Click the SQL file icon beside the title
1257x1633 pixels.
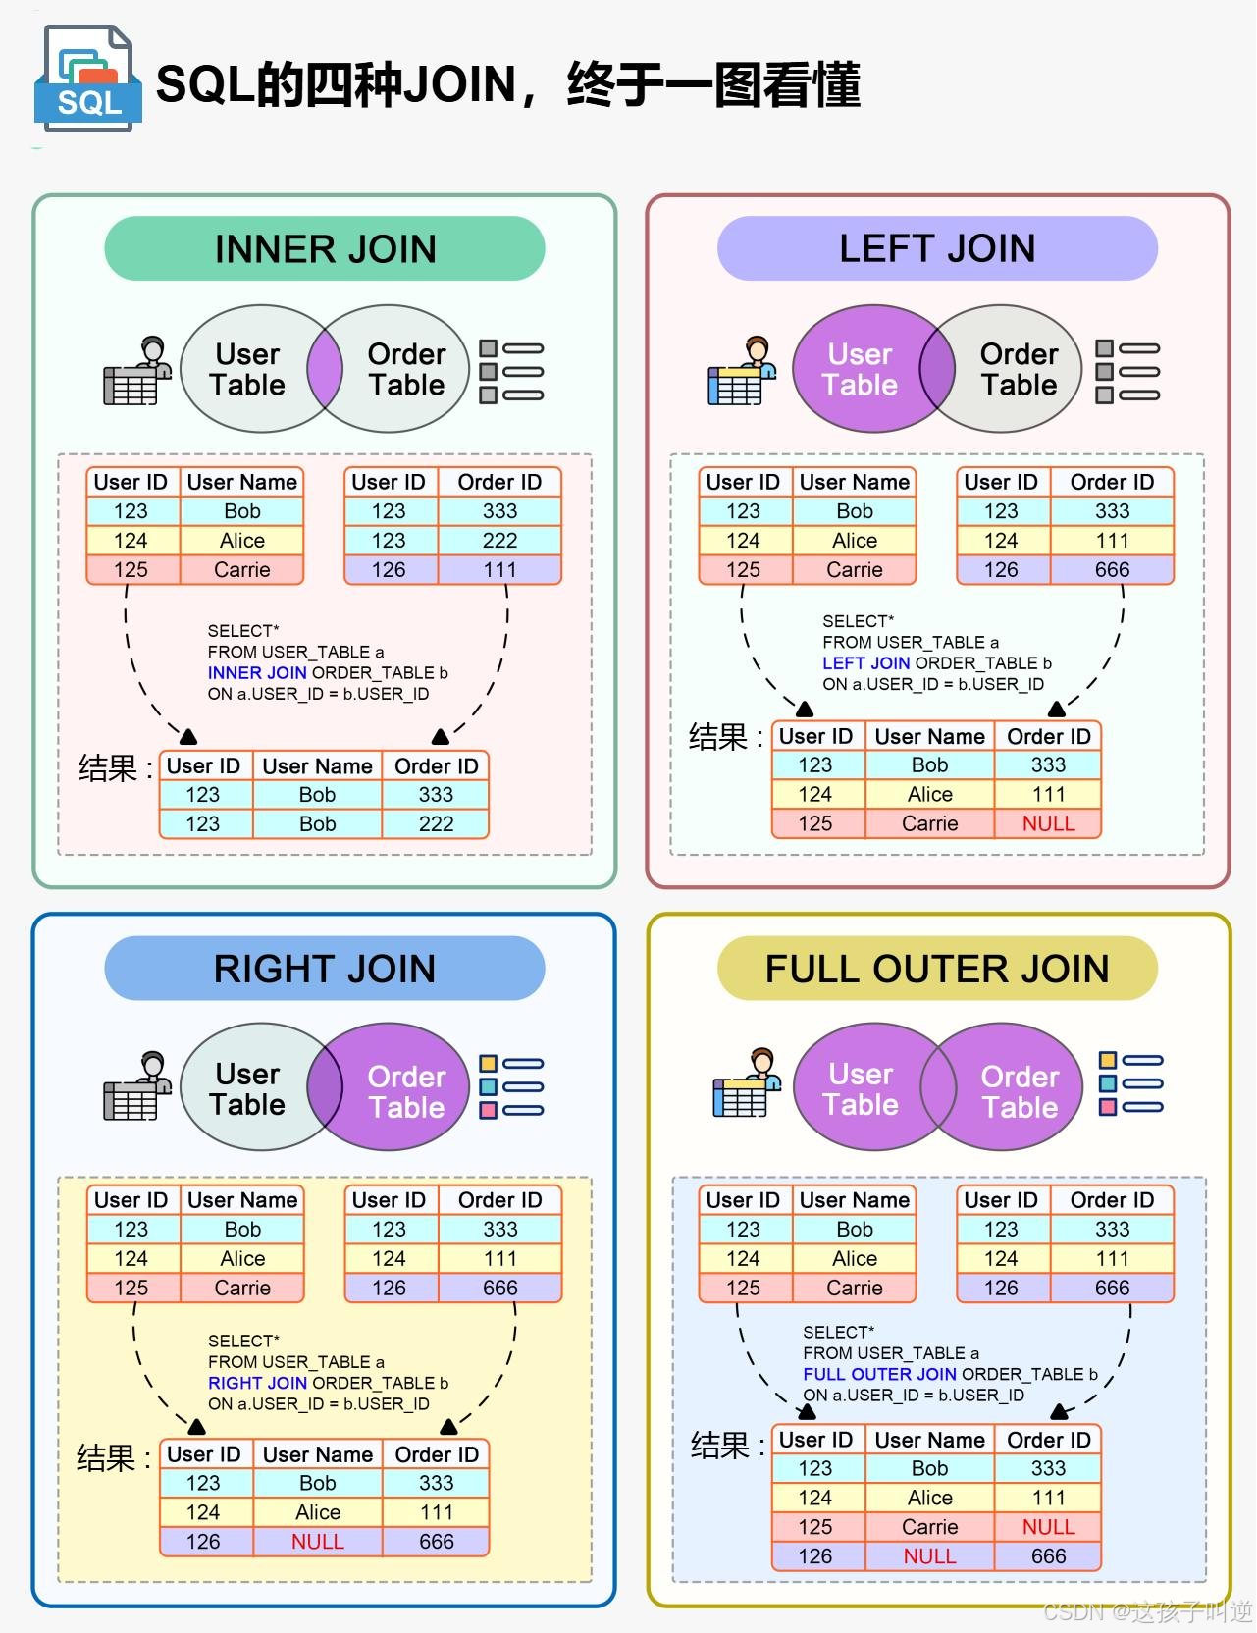(x=87, y=80)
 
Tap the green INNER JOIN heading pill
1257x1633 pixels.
(x=325, y=249)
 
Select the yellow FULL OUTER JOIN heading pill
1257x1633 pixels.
(x=937, y=969)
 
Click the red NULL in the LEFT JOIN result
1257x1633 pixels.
(x=1048, y=823)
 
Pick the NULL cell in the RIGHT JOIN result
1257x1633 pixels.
(x=317, y=1542)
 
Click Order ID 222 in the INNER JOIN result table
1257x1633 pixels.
(x=436, y=823)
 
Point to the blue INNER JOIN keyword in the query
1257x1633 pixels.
(x=257, y=673)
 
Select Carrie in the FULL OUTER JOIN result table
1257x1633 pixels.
(x=929, y=1527)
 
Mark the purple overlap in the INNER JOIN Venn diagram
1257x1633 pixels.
(x=325, y=369)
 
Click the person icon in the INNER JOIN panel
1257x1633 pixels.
(x=136, y=372)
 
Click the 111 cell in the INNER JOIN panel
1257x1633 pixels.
(x=499, y=570)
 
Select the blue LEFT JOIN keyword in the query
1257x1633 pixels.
(x=866, y=663)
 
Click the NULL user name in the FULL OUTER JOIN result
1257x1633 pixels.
(x=929, y=1556)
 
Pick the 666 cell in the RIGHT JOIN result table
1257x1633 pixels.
(x=436, y=1542)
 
